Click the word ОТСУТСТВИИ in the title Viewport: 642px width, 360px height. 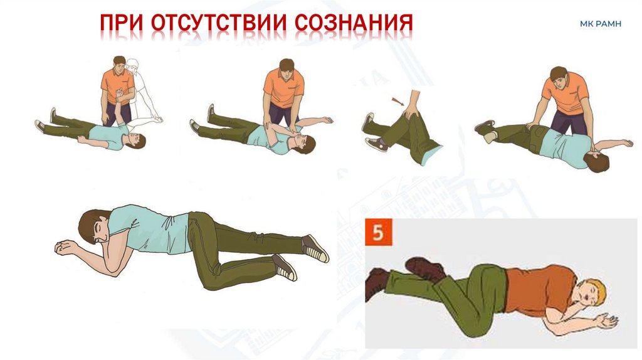click(x=219, y=23)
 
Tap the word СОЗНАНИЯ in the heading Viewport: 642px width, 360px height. click(x=354, y=23)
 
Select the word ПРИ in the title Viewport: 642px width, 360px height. click(x=122, y=23)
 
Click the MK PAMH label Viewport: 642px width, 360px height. click(x=600, y=24)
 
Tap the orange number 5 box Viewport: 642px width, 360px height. click(x=378, y=232)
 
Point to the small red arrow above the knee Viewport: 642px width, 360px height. click(x=397, y=101)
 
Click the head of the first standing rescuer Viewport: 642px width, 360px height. click(x=119, y=64)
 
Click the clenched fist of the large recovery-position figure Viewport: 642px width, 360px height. click(x=64, y=247)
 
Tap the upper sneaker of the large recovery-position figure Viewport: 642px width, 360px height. click(x=315, y=248)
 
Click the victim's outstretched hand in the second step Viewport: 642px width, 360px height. click(x=326, y=120)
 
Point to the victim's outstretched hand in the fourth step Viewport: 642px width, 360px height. click(x=626, y=143)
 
